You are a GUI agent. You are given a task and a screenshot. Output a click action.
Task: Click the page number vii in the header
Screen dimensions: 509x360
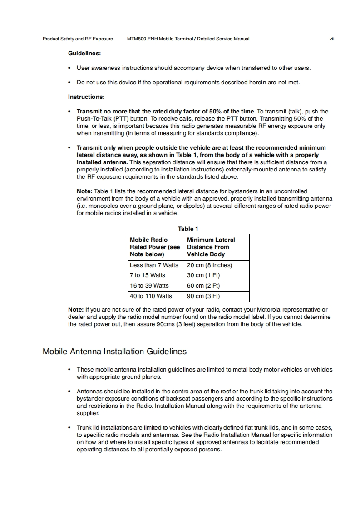pos(332,39)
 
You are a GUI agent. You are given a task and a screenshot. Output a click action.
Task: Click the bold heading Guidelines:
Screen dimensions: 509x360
pos(84,53)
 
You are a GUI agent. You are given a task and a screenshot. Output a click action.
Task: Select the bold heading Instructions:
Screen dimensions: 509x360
pos(86,97)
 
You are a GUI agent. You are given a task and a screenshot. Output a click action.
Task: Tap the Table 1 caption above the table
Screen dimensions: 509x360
pos(188,229)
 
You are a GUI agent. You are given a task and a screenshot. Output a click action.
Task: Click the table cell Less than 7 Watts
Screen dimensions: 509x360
pos(154,265)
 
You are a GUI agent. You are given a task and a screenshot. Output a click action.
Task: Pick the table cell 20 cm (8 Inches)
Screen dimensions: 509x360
pos(210,265)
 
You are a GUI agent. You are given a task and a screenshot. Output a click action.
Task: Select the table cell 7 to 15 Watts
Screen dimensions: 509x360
pos(148,275)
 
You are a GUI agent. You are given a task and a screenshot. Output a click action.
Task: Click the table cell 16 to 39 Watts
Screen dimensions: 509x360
pos(149,286)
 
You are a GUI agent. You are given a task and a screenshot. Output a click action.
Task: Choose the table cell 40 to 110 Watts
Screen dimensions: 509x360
pos(151,296)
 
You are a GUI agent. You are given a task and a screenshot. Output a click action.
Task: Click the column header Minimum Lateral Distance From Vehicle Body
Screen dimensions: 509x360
pos(211,247)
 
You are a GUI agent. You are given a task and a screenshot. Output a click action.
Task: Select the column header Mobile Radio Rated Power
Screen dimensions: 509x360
pos(155,247)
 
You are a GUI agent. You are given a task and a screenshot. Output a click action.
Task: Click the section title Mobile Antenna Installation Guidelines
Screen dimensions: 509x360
pos(114,352)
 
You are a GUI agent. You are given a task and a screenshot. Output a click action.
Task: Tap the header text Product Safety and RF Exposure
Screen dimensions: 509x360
pos(78,39)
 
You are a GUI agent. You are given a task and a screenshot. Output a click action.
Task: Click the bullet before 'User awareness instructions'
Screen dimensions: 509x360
pos(69,68)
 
